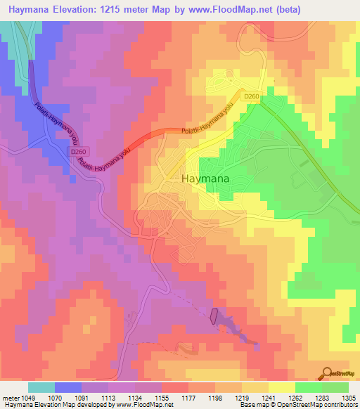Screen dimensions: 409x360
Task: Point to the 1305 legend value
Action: tap(349, 397)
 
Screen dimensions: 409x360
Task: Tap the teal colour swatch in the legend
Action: tap(41, 387)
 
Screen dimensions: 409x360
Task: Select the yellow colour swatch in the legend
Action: tap(281, 387)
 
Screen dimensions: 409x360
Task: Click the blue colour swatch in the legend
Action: tap(67, 387)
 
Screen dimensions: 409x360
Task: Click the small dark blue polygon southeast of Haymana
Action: tap(214, 318)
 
